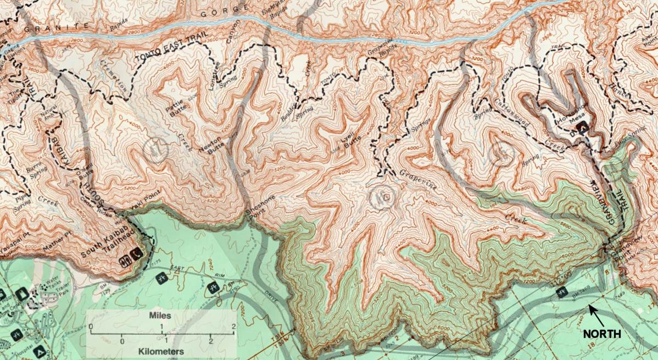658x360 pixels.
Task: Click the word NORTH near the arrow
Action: pyautogui.click(x=601, y=334)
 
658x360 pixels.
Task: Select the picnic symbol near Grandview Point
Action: pyautogui.click(x=561, y=292)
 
